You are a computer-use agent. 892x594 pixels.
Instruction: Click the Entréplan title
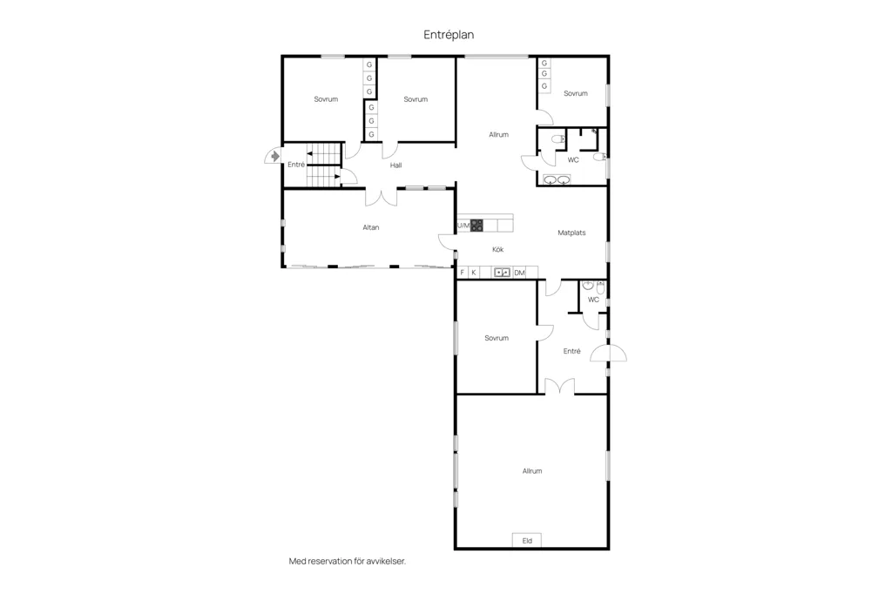pos(449,35)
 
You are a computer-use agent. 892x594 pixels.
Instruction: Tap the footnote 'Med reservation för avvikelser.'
pos(348,561)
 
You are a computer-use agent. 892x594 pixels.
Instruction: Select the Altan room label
pos(371,227)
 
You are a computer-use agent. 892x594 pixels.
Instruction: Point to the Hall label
pos(396,165)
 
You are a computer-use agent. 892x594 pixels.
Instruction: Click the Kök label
pos(497,249)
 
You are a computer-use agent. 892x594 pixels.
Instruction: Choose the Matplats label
pos(571,233)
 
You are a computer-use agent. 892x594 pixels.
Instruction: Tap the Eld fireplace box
pos(527,541)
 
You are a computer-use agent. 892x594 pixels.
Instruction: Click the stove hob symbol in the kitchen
pos(476,226)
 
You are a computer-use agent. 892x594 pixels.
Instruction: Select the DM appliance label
pos(519,273)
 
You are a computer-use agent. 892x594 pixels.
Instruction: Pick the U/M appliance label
pos(463,226)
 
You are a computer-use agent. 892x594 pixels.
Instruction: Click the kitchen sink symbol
pos(502,273)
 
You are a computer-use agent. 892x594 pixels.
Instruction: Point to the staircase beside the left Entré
pos(324,165)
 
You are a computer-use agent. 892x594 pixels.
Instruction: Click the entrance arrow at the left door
pos(275,156)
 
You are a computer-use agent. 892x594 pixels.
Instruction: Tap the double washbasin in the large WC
pos(557,179)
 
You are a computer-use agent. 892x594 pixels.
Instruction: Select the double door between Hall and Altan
pos(382,197)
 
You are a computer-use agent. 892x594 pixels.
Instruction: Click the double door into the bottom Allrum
pos(560,386)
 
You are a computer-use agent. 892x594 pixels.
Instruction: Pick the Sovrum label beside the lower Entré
pos(497,338)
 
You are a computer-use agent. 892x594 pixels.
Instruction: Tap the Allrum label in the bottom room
pos(532,471)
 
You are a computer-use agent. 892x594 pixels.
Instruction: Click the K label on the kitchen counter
pos(474,273)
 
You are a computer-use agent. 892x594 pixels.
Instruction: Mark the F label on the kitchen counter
pos(462,273)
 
